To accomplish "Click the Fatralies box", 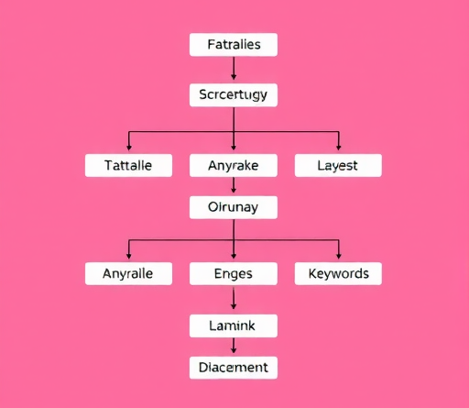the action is pos(234,45).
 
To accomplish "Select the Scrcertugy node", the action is pos(234,94).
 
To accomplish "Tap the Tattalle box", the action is pos(128,165).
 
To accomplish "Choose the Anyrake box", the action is pos(234,165).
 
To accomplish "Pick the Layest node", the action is pos(338,165).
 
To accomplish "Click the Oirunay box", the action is pos(234,207).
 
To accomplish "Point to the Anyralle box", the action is pos(128,273).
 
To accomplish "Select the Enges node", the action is pos(234,273).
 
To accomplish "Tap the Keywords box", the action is pos(338,273).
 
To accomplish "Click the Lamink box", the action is pos(234,325).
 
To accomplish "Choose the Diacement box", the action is pos(234,368).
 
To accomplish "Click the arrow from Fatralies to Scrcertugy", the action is pos(234,68).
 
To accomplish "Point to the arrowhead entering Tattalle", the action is pos(129,148).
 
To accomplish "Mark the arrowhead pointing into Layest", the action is pos(338,148).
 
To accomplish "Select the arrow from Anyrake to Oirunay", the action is pos(234,185).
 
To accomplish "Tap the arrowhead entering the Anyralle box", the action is pos(129,256).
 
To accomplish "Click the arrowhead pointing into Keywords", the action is pos(338,256).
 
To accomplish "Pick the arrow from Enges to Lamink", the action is pos(234,299).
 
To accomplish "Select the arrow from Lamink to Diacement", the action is pos(234,346).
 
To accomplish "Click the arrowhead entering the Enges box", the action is pos(234,256).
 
